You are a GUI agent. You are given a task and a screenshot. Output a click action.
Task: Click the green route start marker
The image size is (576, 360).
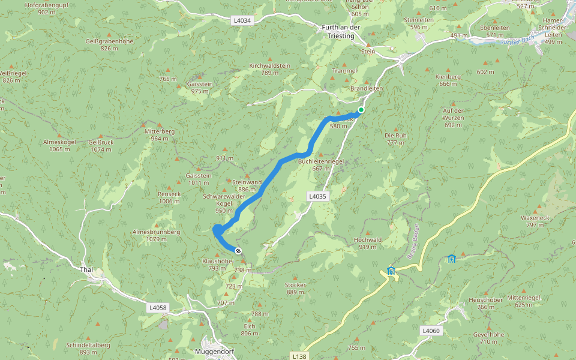361,110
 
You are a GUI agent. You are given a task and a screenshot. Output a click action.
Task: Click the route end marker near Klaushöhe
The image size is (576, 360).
238,251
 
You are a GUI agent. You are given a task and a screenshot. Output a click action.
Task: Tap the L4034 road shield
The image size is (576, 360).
242,20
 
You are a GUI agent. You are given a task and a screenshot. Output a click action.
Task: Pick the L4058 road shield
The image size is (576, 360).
157,308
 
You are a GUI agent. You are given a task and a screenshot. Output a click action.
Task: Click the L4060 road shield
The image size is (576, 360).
431,331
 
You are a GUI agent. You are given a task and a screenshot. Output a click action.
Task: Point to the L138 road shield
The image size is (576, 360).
299,356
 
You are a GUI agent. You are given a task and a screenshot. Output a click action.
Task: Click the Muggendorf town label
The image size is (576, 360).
215,351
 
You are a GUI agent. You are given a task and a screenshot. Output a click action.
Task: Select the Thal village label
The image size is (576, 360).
86,269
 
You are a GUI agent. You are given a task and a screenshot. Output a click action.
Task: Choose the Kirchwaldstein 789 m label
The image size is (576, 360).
270,69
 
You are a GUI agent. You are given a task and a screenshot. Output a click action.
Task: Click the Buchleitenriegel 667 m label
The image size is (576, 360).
320,165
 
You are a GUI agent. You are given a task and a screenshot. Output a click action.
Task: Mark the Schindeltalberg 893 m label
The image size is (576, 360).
88,349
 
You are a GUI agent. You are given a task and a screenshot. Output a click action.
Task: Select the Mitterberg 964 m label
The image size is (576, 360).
160,134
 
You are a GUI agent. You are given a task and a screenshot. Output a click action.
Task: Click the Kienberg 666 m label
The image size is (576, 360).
449,80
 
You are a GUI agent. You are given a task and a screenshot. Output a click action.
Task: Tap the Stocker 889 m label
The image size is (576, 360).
296,288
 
